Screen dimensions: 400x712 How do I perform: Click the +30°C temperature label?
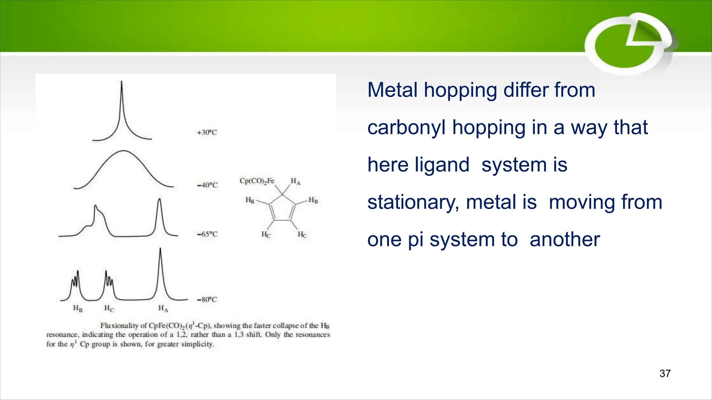(207, 132)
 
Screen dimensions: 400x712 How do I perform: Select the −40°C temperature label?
(207, 185)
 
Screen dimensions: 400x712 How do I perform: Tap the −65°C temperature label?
(207, 234)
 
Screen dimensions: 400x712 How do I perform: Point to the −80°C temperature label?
(207, 299)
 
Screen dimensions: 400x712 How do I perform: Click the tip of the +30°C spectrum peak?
(121, 82)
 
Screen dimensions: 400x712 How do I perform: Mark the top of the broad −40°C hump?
(123, 151)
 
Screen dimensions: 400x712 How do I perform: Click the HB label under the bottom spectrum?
(78, 308)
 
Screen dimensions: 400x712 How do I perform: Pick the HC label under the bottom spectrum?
(109, 308)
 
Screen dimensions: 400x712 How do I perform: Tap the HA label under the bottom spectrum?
(163, 308)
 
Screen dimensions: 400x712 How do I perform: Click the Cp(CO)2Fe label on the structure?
(257, 181)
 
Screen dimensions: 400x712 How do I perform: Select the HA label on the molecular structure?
(296, 181)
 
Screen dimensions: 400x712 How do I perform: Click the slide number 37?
(665, 373)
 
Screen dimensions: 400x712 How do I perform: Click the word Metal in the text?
(393, 90)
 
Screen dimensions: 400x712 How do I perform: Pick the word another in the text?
(565, 240)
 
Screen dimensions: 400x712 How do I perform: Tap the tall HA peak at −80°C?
(160, 250)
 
